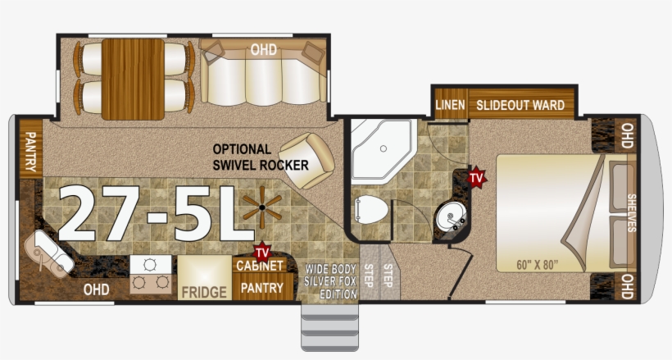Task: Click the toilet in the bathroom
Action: pos(370,209)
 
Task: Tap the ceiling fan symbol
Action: pos(262,207)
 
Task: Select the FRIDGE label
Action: pos(204,292)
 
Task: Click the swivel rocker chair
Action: pos(306,161)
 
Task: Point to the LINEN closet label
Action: pos(450,105)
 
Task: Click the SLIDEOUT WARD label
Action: pos(520,105)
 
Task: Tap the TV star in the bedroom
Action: pos(476,177)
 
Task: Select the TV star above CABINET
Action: pos(262,252)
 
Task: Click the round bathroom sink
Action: pos(451,217)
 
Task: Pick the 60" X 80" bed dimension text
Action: pos(537,265)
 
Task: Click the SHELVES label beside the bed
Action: pos(631,213)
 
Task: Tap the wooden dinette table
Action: pos(133,80)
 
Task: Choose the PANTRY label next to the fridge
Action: pos(261,288)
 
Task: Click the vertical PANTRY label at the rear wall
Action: pos(31,152)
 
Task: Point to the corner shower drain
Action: pos(384,149)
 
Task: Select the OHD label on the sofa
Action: pos(263,50)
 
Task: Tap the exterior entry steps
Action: pos(329,326)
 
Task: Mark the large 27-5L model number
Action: pos(157,213)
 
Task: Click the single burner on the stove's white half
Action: pos(150,265)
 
